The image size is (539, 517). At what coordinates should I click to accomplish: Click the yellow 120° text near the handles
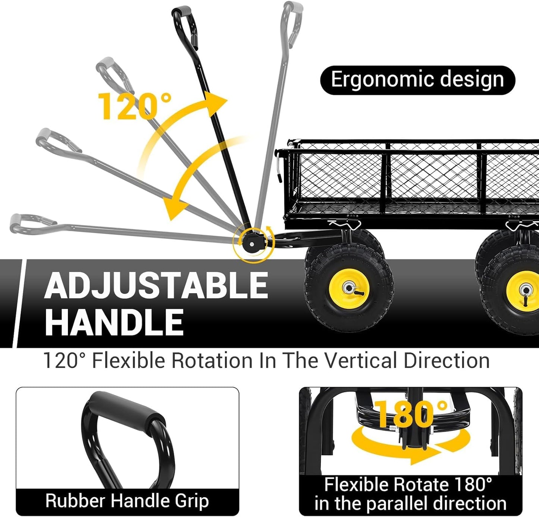pyautogui.click(x=135, y=106)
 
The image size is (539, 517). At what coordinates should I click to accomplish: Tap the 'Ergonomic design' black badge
pyautogui.click(x=418, y=80)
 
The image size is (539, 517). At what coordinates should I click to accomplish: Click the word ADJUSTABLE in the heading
pyautogui.click(x=156, y=285)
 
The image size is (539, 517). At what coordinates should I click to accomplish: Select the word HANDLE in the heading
pyautogui.click(x=114, y=322)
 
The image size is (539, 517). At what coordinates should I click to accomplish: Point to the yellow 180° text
pyautogui.click(x=411, y=414)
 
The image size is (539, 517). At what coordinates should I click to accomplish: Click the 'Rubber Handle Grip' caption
pyautogui.click(x=127, y=501)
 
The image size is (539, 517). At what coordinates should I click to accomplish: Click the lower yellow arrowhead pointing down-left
pyautogui.click(x=175, y=208)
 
